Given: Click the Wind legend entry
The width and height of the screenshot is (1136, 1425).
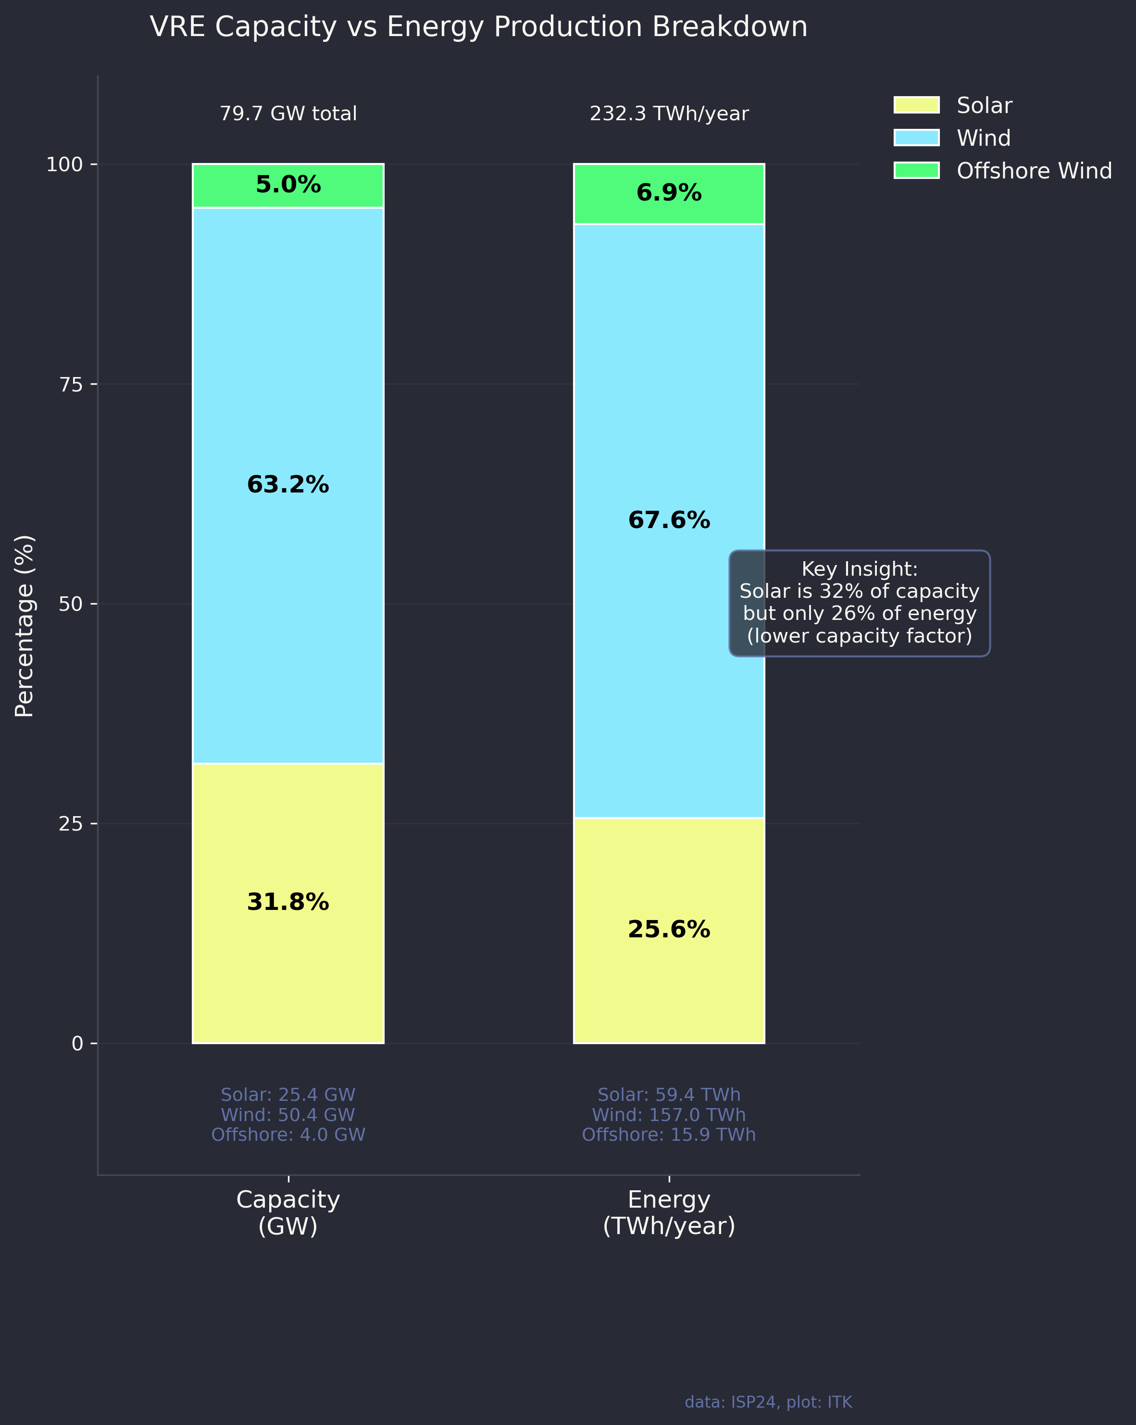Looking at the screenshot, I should pyautogui.click(x=983, y=138).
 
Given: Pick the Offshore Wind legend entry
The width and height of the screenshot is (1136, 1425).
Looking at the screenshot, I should pyautogui.click(x=1034, y=171).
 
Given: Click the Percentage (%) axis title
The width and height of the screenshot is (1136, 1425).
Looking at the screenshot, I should pyautogui.click(x=25, y=626).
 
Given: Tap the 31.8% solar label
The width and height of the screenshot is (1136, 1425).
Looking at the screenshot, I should pyautogui.click(x=288, y=902).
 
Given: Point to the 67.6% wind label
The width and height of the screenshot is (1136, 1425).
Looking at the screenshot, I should pyautogui.click(x=669, y=521).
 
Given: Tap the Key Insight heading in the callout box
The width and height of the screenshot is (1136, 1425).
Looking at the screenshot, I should pyautogui.click(x=859, y=569).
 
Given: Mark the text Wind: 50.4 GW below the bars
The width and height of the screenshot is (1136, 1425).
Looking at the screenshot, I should pyautogui.click(x=288, y=1115).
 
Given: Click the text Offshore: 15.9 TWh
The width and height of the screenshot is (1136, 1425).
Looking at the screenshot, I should pyautogui.click(x=669, y=1135).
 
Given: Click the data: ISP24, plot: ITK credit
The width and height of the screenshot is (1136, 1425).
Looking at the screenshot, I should pyautogui.click(x=768, y=1402).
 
